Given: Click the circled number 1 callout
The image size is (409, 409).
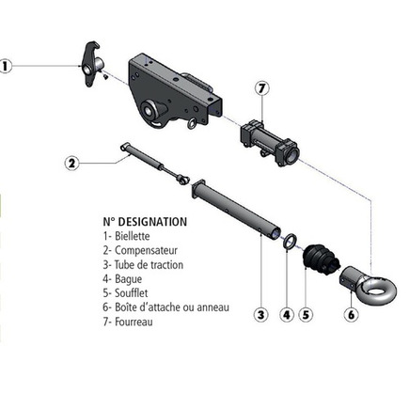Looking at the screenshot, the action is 5,67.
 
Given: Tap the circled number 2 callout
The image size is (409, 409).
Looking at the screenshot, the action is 72,164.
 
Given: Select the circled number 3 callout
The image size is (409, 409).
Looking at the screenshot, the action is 260,314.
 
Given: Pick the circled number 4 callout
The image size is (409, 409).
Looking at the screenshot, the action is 287,314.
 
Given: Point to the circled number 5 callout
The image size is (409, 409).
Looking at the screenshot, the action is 306,314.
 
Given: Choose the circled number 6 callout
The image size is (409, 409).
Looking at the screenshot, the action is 352,314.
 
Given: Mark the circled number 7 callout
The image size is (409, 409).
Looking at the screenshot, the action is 262,88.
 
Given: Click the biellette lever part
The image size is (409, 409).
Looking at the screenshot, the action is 92,64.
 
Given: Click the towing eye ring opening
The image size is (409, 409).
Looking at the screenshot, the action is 380,288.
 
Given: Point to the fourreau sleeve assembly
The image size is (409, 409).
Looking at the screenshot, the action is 270,141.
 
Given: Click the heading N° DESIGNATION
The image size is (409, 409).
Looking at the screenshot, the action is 145,222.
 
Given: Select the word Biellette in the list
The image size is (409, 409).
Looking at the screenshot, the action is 133,236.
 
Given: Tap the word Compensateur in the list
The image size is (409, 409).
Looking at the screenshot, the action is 146,251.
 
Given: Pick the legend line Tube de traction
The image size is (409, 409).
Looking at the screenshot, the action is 143,265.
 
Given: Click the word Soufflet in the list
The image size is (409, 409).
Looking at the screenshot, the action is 132,293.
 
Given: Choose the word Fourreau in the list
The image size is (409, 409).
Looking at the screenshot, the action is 134,322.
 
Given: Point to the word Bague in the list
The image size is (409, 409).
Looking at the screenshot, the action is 129,279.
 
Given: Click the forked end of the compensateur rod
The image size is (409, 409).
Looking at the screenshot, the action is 183,180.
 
